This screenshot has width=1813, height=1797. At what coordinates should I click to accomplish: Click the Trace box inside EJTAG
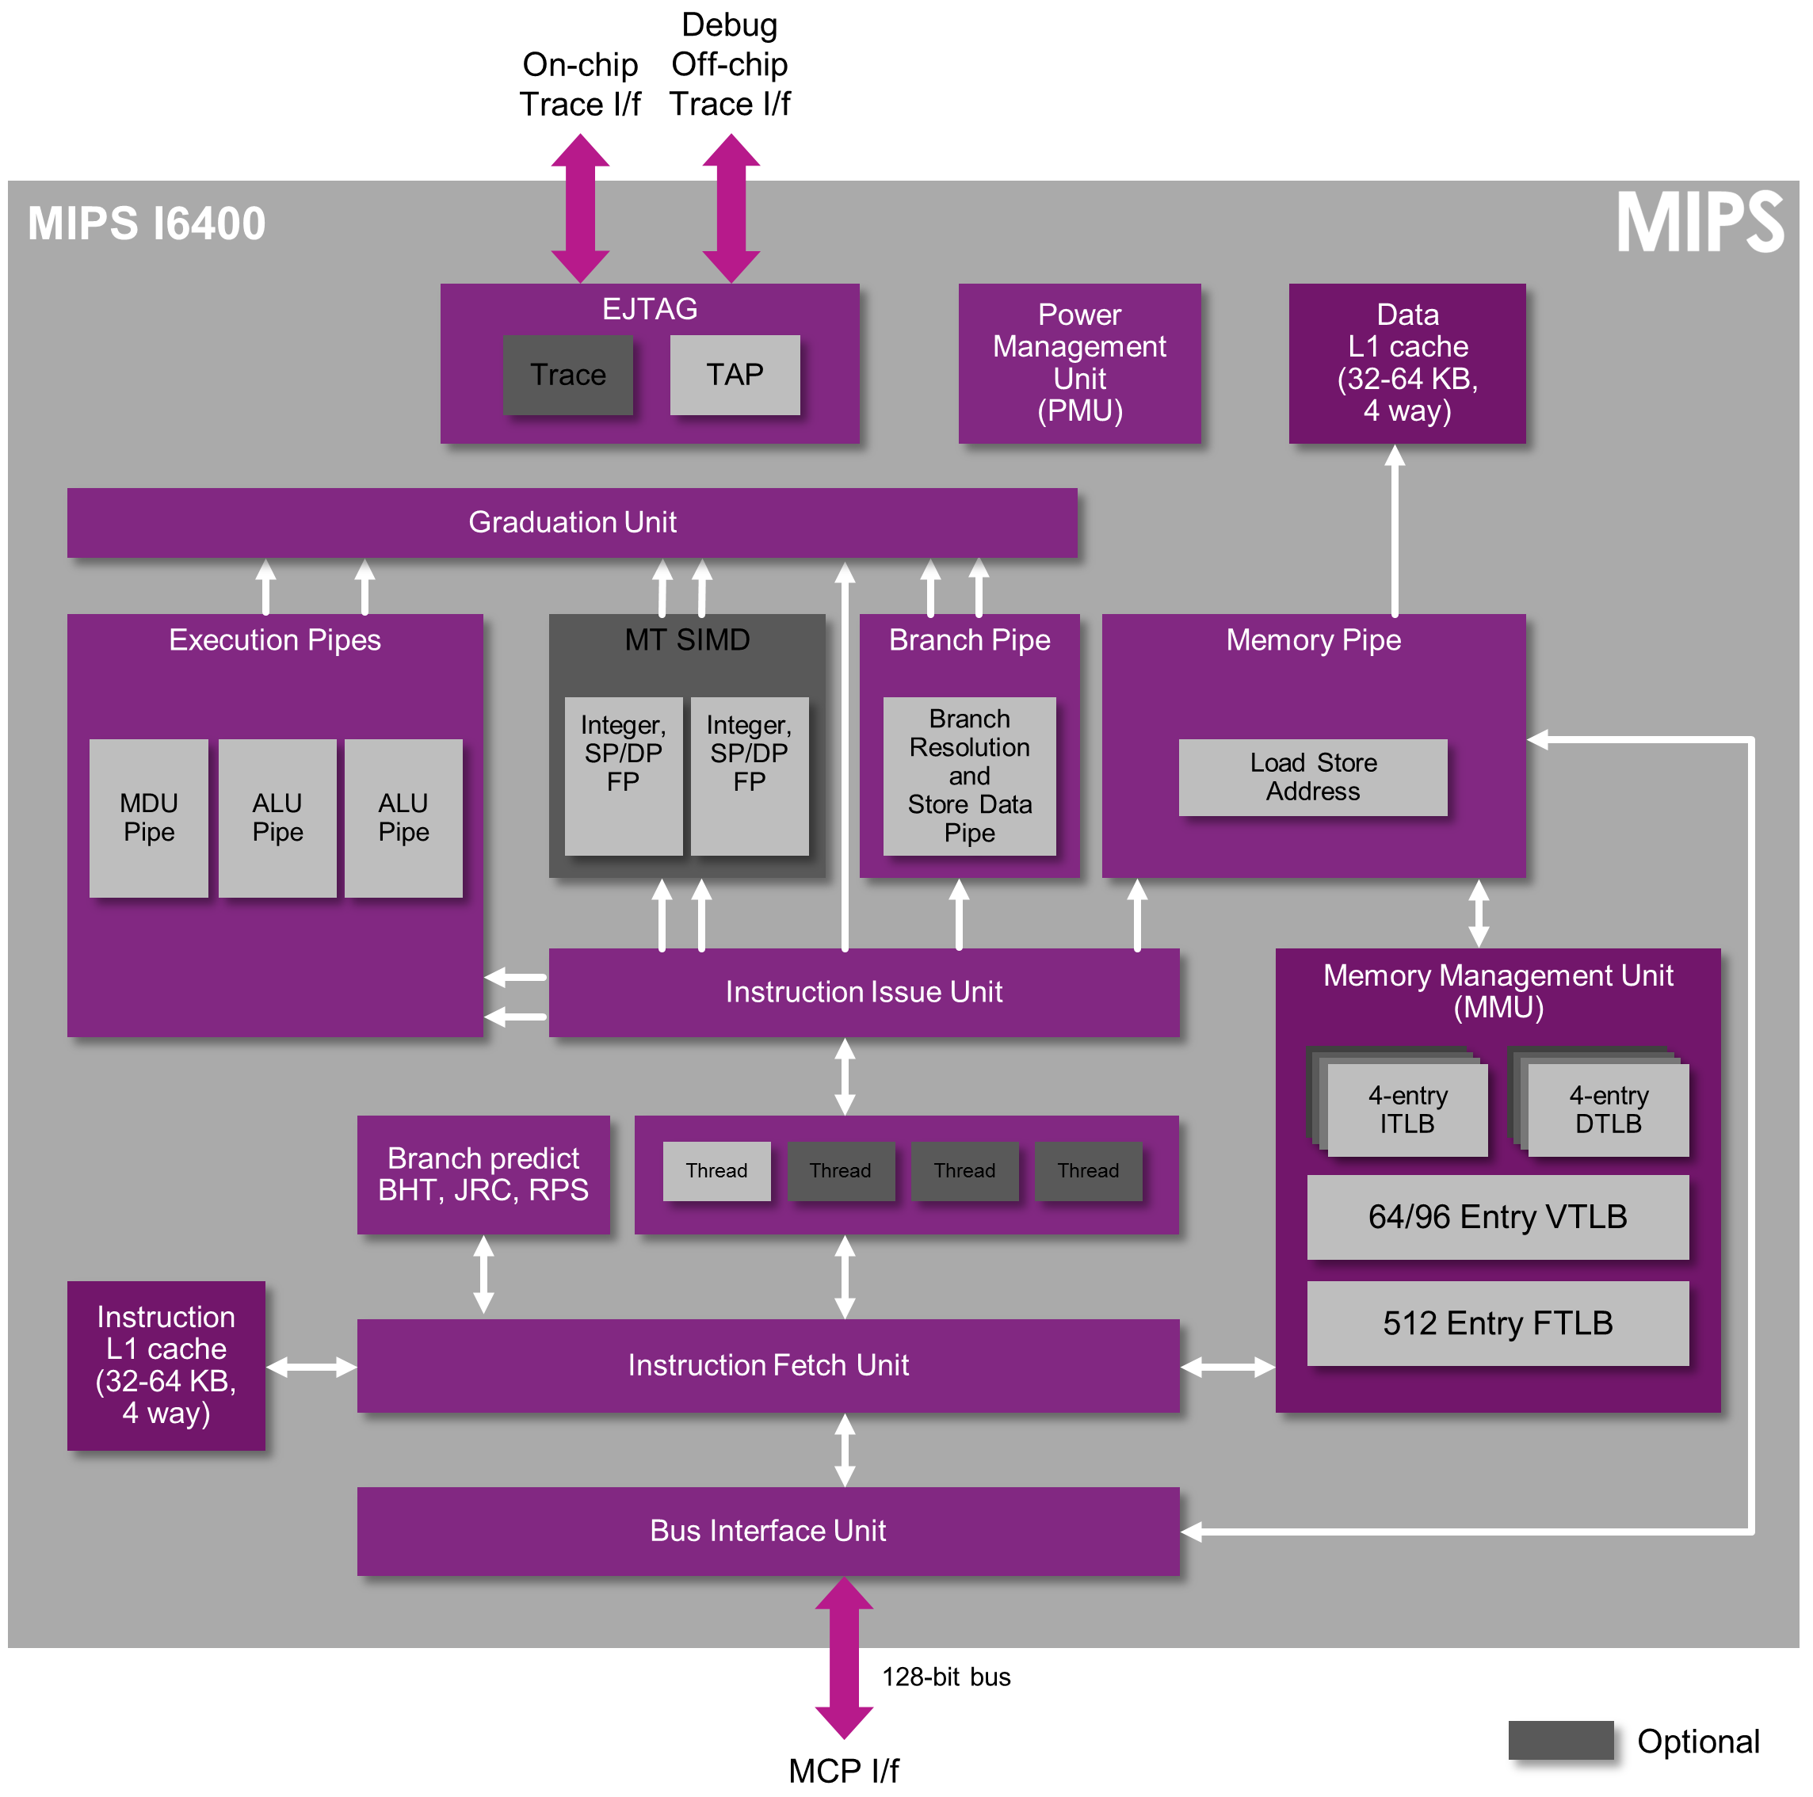pos(567,375)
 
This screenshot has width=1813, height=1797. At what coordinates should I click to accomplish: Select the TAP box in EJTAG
pos(735,375)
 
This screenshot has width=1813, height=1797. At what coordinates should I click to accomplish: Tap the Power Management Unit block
pos(1079,363)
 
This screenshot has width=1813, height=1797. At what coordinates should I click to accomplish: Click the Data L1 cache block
pos(1407,363)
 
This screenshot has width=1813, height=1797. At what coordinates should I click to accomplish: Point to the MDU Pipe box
pos(148,818)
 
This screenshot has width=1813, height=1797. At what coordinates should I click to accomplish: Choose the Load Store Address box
pos(1312,777)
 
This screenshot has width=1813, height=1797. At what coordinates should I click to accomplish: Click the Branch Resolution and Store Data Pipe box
pos(968,776)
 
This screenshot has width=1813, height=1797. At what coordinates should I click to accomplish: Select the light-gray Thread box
pos(716,1170)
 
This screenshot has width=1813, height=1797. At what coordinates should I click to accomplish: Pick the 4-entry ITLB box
pos(1407,1109)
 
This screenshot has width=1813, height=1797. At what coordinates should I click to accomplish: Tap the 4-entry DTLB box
pos(1608,1109)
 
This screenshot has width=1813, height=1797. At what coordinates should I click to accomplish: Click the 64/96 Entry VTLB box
pos(1497,1217)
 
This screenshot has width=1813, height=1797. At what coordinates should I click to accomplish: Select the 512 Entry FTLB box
pos(1497,1323)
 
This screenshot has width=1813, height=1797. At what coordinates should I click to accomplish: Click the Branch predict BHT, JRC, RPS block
pos(483,1174)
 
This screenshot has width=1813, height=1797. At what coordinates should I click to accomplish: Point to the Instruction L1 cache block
pos(166,1364)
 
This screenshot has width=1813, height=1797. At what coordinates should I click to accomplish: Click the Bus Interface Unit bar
pos(768,1531)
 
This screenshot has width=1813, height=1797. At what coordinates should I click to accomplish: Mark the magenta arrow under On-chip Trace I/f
pos(580,208)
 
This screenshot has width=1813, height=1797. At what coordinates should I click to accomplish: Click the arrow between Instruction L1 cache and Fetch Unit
pos(311,1368)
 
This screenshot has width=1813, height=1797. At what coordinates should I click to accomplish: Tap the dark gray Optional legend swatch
pos(1559,1741)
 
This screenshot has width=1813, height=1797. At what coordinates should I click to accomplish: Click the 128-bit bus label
pos(946,1677)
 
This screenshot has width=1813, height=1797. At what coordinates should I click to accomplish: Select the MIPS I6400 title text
pos(147,224)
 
